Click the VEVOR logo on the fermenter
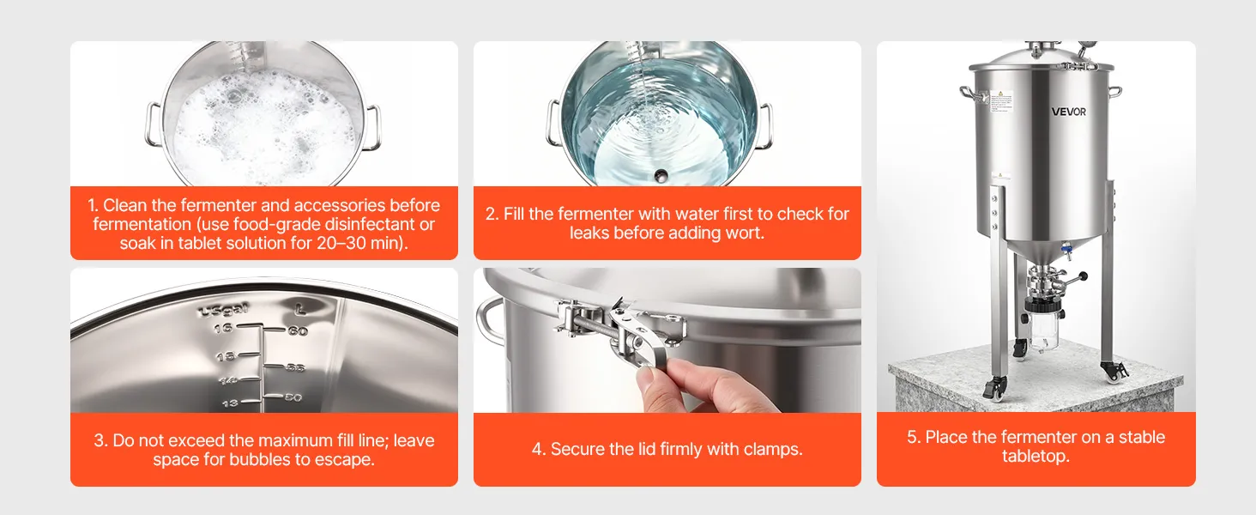pos(1069,112)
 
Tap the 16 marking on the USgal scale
pos(223,327)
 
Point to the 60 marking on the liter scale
pos(298,331)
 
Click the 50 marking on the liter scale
pos(293,397)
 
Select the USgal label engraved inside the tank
pos(223,310)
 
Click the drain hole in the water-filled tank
pos(661,176)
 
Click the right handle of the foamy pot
pos(372,127)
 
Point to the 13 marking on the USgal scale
pos(229,403)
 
